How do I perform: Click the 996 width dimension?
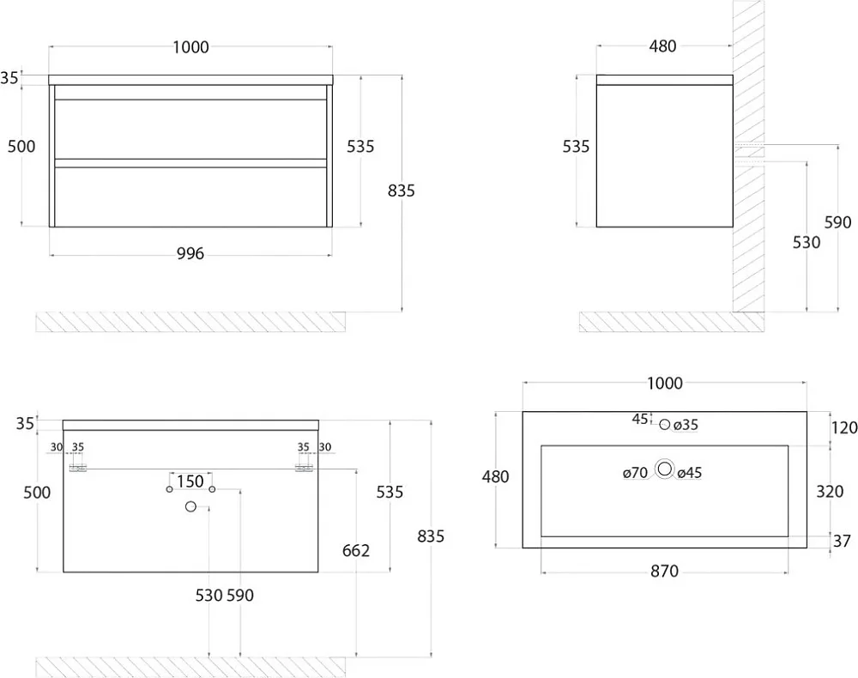click(190, 253)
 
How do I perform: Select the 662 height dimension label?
click(356, 550)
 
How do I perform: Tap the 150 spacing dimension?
click(190, 481)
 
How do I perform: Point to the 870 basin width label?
click(664, 572)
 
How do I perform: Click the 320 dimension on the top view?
click(830, 492)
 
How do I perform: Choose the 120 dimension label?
click(843, 427)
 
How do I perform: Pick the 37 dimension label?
click(842, 541)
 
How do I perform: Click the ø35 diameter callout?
click(686, 425)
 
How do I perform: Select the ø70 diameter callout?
click(635, 472)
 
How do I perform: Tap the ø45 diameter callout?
click(690, 473)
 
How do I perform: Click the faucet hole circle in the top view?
click(664, 424)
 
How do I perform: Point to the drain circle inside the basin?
click(665, 469)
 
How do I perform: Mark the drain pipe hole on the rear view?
click(190, 506)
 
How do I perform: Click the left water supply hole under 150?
click(170, 488)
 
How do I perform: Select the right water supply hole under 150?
click(212, 488)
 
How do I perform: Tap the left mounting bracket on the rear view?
click(78, 469)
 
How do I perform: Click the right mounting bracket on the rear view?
click(304, 469)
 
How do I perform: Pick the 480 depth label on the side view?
click(662, 46)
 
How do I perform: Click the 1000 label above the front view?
click(191, 47)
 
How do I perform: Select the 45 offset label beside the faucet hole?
click(640, 419)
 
